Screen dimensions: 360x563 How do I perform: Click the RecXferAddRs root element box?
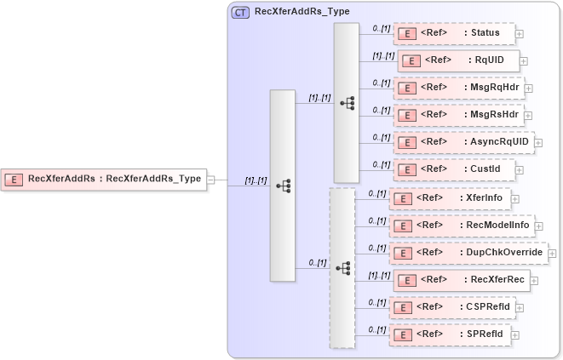click(103, 179)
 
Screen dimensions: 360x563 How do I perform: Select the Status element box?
click(454, 34)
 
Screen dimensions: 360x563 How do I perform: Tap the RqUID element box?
click(457, 60)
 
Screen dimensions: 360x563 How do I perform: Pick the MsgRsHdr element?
click(457, 114)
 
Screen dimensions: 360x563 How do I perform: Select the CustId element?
click(454, 169)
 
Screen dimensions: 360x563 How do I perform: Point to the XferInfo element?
click(449, 198)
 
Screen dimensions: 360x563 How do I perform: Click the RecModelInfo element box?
click(461, 226)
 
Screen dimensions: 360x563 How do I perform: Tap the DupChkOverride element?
click(468, 253)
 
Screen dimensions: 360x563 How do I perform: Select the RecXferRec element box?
click(461, 279)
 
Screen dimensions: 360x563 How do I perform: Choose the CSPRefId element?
click(451, 306)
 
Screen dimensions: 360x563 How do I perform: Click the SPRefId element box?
click(449, 334)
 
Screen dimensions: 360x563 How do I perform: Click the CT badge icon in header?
click(240, 12)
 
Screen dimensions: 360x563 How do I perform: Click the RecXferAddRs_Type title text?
click(302, 12)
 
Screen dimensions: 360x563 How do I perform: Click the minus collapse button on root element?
click(210, 180)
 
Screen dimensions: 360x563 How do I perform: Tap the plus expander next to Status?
click(520, 35)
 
